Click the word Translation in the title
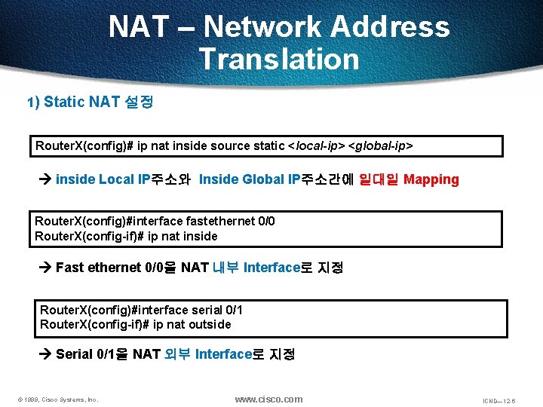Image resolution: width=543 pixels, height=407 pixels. [279, 59]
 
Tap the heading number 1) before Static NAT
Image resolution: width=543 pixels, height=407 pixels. [33, 102]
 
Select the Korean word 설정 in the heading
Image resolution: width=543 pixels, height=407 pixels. [139, 102]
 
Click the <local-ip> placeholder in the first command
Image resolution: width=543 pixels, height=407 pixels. [316, 145]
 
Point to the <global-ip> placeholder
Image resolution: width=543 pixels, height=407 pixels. [380, 145]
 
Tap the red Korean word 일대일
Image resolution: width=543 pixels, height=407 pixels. [382, 179]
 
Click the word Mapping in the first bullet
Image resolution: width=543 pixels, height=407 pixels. [431, 179]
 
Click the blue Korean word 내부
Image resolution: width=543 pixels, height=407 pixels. [225, 267]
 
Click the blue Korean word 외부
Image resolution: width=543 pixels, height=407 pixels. [177, 353]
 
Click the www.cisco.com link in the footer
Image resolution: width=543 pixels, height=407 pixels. [268, 399]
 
